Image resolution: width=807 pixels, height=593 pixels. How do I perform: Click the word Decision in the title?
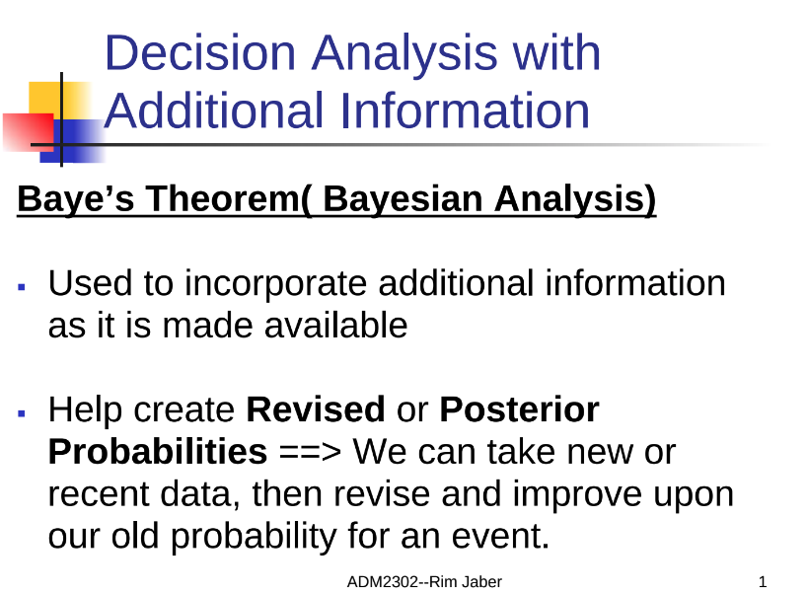(200, 52)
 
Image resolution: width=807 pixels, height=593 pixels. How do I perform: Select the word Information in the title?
(465, 111)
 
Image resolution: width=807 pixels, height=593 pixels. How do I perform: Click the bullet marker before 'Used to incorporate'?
(21, 287)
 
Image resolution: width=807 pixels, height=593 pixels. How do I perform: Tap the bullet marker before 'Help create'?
(21, 412)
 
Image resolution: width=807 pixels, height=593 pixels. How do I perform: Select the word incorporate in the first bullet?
(275, 283)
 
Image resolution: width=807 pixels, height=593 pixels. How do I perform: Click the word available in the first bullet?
(336, 326)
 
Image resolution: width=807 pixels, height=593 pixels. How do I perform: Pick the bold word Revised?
(316, 409)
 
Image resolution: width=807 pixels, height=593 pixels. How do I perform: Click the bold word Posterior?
(519, 409)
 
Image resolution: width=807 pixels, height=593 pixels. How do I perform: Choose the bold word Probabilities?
(158, 452)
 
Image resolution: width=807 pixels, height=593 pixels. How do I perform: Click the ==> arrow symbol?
(310, 453)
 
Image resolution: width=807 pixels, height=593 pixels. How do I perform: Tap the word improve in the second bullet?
(577, 495)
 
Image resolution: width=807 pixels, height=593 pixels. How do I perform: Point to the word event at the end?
(501, 537)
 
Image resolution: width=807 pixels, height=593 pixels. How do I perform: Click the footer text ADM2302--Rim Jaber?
(424, 582)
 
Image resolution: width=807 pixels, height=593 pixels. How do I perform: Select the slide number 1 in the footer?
(763, 582)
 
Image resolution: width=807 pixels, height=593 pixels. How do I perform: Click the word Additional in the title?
(214, 111)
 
